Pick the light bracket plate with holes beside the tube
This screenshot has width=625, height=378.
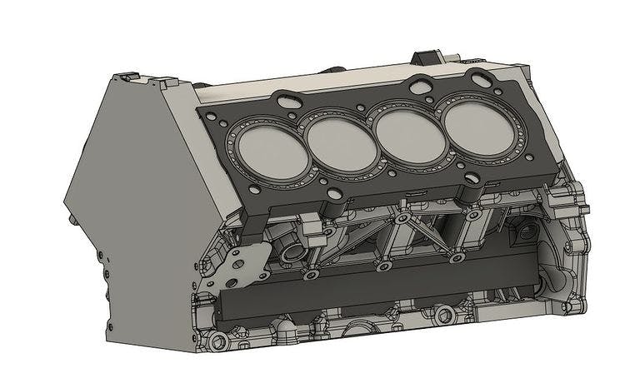pos(243,265)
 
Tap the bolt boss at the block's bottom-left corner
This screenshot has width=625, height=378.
pos(219,341)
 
